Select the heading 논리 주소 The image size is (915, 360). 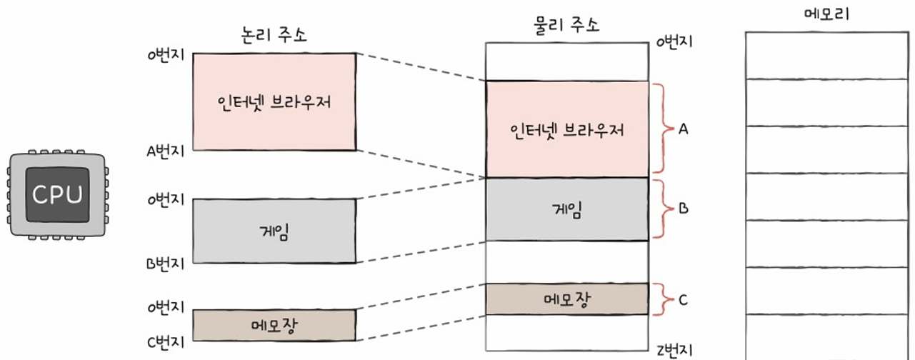274,36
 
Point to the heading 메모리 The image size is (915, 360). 826,14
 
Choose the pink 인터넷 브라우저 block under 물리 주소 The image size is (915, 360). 567,130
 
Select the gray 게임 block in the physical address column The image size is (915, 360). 567,209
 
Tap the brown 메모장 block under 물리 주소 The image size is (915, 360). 567,299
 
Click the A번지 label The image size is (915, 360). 165,151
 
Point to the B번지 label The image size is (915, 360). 165,264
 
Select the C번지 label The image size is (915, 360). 165,341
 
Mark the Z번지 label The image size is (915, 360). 674,350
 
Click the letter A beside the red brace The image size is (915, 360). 683,129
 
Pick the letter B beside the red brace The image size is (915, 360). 683,209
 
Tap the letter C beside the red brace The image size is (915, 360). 683,300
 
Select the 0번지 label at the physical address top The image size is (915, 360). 674,42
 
